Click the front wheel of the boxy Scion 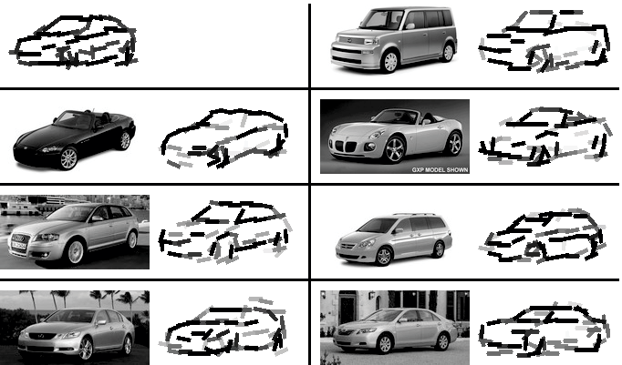tap(390, 61)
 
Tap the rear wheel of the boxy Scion tap(448, 53)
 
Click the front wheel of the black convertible tap(68, 158)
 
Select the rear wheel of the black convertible tap(125, 141)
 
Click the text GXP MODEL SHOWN tap(440, 170)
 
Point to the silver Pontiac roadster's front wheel tap(395, 149)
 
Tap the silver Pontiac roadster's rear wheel tap(454, 143)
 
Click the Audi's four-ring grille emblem tap(20, 238)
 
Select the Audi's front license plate tap(18, 246)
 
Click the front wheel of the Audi tap(75, 252)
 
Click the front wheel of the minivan tap(384, 256)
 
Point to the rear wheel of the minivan tap(439, 249)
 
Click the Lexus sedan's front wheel tap(86, 349)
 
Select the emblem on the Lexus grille tap(41, 336)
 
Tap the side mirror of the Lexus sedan tap(101, 322)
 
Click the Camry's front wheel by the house tap(385, 344)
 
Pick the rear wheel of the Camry tap(442, 341)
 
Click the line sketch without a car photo tap(73, 42)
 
